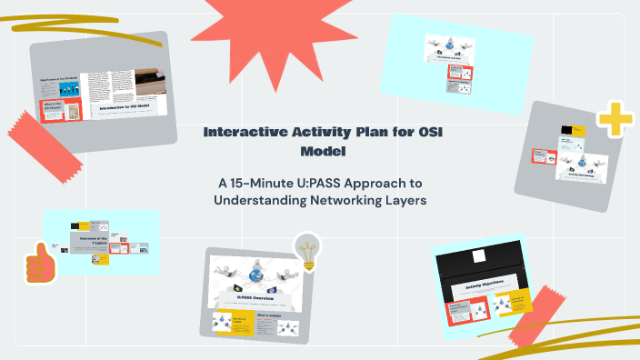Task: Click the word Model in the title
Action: (x=319, y=151)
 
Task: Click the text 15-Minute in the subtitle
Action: (x=256, y=182)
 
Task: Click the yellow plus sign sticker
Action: (x=614, y=122)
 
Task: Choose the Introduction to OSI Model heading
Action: (x=125, y=107)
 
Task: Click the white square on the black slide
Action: (x=481, y=256)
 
